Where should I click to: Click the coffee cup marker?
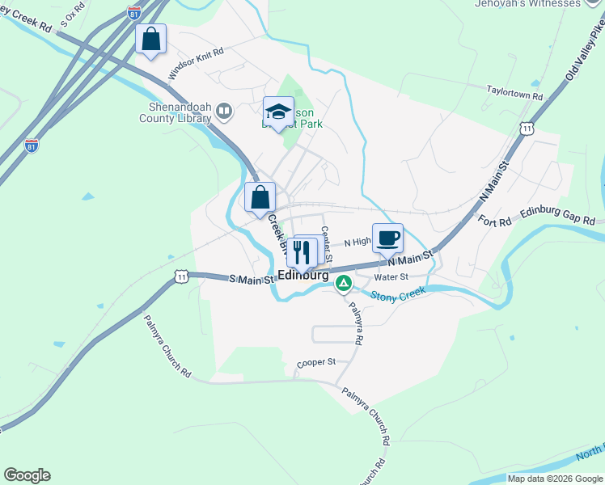coord(387,238)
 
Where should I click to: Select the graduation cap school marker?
coord(278,112)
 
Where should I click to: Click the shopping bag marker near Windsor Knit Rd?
coord(150,39)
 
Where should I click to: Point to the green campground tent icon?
coord(343,283)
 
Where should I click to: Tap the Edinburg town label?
coord(303,275)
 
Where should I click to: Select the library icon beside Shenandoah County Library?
coord(225,110)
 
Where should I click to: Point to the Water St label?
coord(391,276)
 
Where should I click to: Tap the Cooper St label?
coord(315,363)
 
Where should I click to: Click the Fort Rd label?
coord(494,221)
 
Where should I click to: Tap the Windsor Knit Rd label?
coord(195,63)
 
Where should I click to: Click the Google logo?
coord(27,475)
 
